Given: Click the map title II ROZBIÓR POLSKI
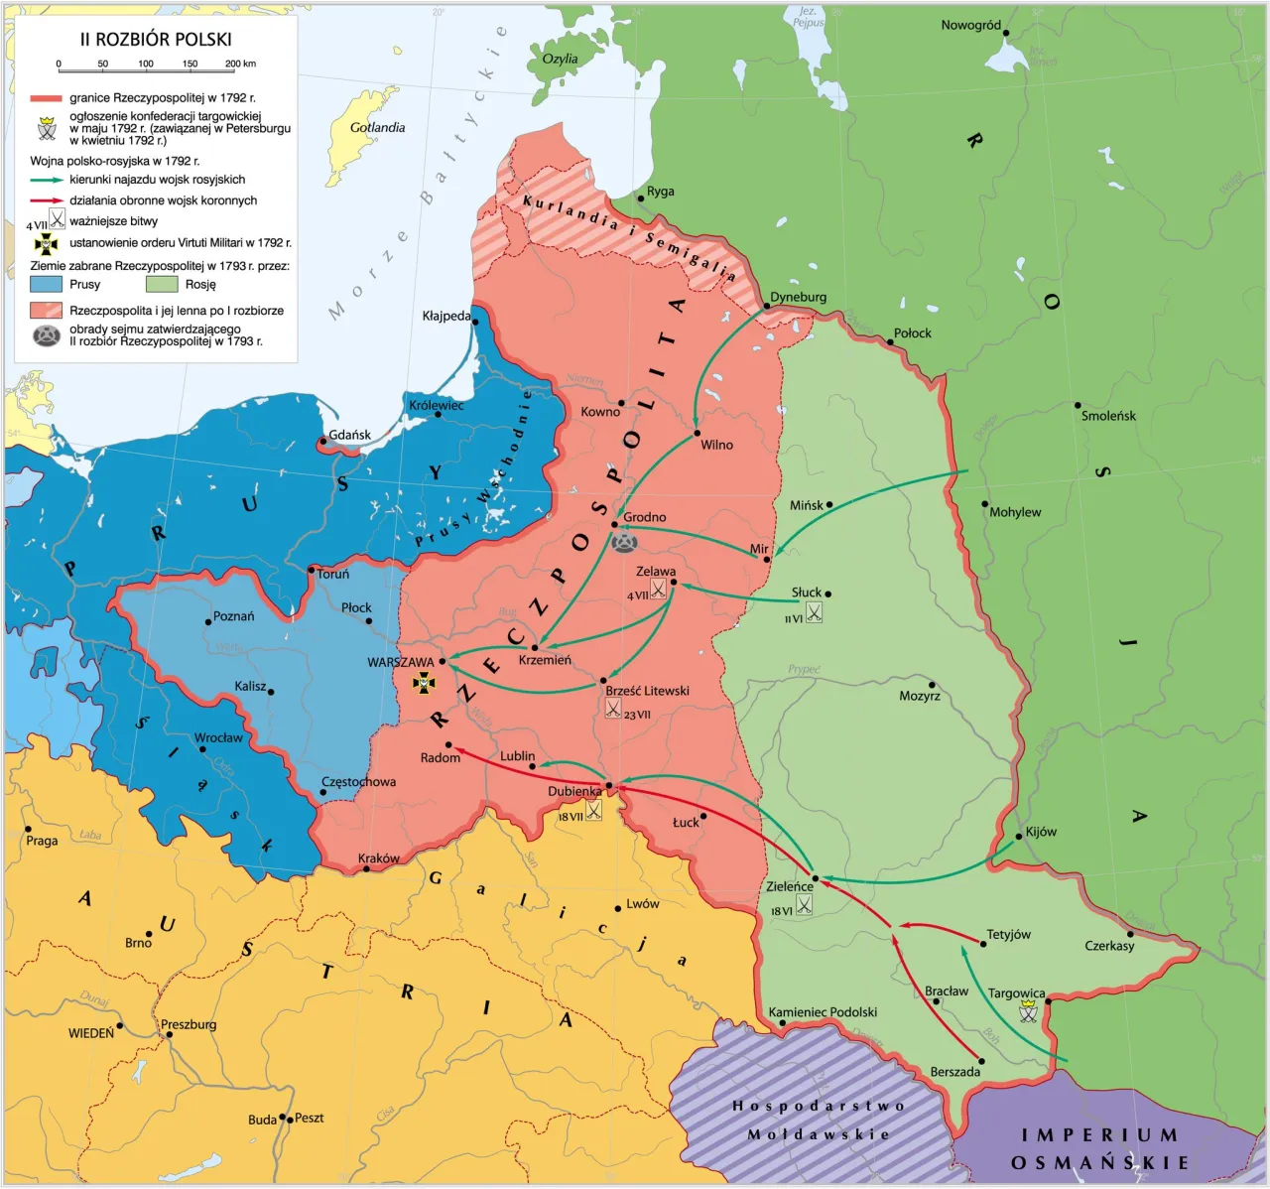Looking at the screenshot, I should click(156, 40).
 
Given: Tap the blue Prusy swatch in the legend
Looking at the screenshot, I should click(46, 285).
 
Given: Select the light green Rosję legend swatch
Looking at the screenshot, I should click(162, 285).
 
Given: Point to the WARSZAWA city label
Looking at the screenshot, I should click(401, 662).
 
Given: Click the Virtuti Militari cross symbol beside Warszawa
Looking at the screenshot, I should click(424, 683).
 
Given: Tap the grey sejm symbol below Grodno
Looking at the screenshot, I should click(624, 542).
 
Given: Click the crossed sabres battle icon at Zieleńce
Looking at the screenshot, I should click(804, 905).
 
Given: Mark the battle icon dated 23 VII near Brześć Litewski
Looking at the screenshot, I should click(613, 708).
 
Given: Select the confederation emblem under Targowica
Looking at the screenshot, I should click(1028, 1011).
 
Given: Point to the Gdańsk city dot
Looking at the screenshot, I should click(323, 441).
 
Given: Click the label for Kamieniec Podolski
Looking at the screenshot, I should click(823, 1012).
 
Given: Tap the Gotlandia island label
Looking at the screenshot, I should click(377, 128).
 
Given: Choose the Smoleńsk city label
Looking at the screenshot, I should click(1108, 416).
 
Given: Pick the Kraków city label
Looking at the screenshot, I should click(378, 859).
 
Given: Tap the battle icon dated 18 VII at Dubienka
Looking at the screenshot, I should click(593, 810).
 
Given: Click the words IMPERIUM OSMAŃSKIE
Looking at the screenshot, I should click(1099, 1148).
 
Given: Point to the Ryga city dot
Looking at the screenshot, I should click(640, 198).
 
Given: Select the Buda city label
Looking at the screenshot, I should click(262, 1120).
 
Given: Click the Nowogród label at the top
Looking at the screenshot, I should click(970, 25).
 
